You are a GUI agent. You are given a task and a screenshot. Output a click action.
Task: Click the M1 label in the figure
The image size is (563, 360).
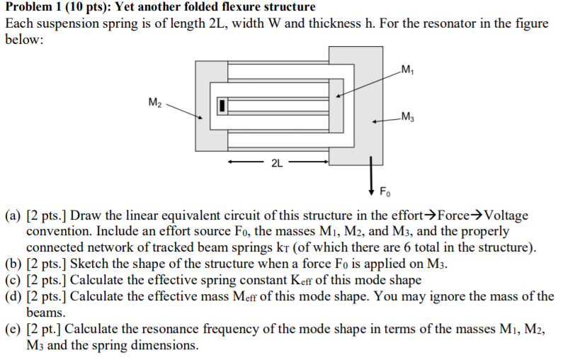[x=406, y=69]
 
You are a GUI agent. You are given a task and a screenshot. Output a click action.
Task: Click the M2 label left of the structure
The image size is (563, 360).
[x=154, y=104]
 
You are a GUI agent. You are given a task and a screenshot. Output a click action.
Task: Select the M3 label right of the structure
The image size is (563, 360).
[x=406, y=117]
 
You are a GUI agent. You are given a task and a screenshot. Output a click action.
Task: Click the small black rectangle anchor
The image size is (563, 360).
[x=222, y=106]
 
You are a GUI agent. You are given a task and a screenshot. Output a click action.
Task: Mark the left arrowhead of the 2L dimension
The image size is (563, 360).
[x=230, y=163]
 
